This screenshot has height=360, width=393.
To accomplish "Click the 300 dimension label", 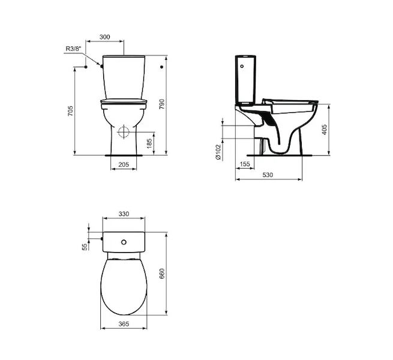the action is (x=105, y=37).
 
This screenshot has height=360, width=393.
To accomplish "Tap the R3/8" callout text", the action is (x=74, y=49).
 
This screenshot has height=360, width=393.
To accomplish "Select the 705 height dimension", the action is (x=70, y=111).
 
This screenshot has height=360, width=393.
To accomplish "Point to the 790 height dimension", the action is (x=162, y=104).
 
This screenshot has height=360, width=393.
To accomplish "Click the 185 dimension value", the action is (x=149, y=143).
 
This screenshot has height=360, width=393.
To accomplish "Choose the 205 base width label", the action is (x=124, y=164).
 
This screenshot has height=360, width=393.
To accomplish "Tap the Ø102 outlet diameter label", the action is (x=218, y=152).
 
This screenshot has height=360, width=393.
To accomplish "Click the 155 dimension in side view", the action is (x=245, y=164).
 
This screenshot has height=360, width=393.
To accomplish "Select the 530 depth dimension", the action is (x=268, y=175).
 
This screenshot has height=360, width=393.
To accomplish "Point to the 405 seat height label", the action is (x=325, y=130).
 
